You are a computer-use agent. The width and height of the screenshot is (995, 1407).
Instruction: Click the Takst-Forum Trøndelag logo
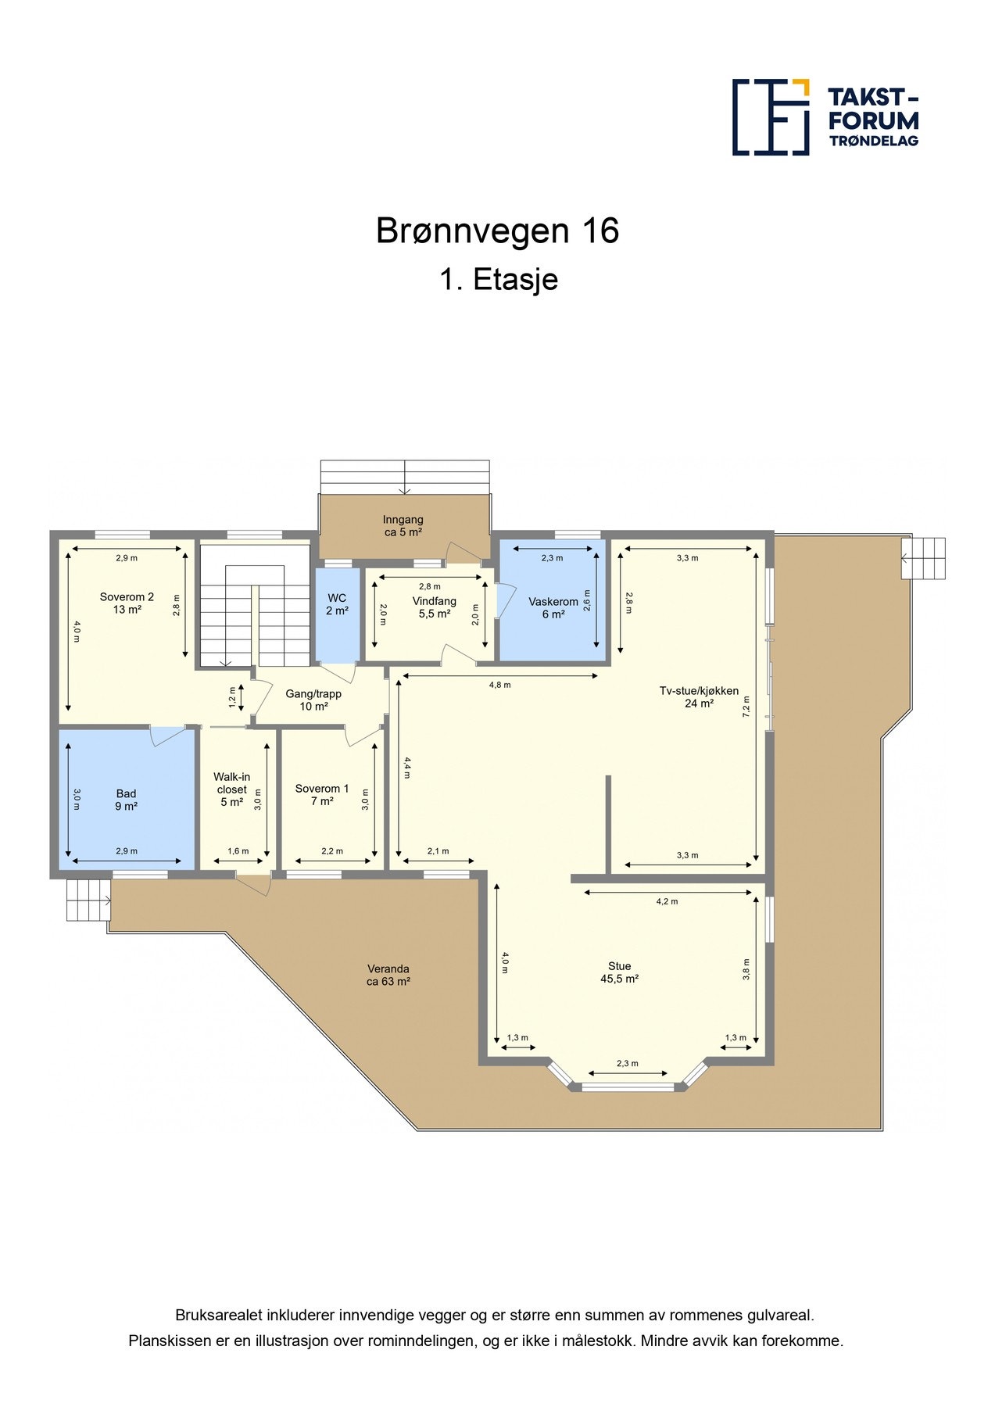coord(825,117)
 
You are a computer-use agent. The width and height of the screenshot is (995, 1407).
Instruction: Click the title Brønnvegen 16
coord(497,231)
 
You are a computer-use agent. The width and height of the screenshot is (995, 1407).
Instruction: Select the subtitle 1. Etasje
coord(498,280)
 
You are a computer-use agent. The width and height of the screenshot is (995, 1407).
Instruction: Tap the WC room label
coord(337,604)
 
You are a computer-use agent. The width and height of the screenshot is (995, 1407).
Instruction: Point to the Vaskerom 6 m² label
coord(553,608)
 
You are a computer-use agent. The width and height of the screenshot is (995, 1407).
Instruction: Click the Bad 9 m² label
coord(126,800)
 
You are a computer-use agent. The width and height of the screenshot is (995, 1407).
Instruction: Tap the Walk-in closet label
coord(232,789)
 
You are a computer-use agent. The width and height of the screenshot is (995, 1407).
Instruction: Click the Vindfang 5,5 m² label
coord(435,607)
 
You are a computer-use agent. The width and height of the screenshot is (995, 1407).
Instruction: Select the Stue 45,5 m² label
coord(620,972)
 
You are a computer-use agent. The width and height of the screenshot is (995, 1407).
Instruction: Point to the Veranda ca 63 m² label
coord(388,975)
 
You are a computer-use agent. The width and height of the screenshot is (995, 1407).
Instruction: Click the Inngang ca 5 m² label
coord(403,525)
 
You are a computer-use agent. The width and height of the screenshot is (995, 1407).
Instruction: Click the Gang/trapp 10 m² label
coord(313,700)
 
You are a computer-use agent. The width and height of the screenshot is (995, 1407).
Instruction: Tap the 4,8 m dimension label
coord(500,685)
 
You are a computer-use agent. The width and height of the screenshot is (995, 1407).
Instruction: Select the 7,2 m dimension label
coord(746,706)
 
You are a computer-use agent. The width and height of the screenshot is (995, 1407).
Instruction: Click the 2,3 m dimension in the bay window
coord(628,1063)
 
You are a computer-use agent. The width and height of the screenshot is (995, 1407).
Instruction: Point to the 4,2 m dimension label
coord(667,901)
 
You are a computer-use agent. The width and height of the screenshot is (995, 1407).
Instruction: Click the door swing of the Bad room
coord(166,736)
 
